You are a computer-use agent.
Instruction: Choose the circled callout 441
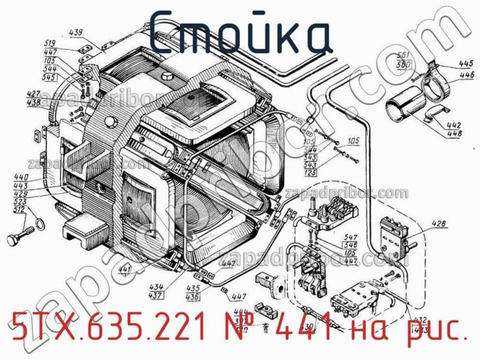point(125,268)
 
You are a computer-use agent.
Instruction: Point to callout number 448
point(454,133)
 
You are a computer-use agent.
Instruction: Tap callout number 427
point(33,94)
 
